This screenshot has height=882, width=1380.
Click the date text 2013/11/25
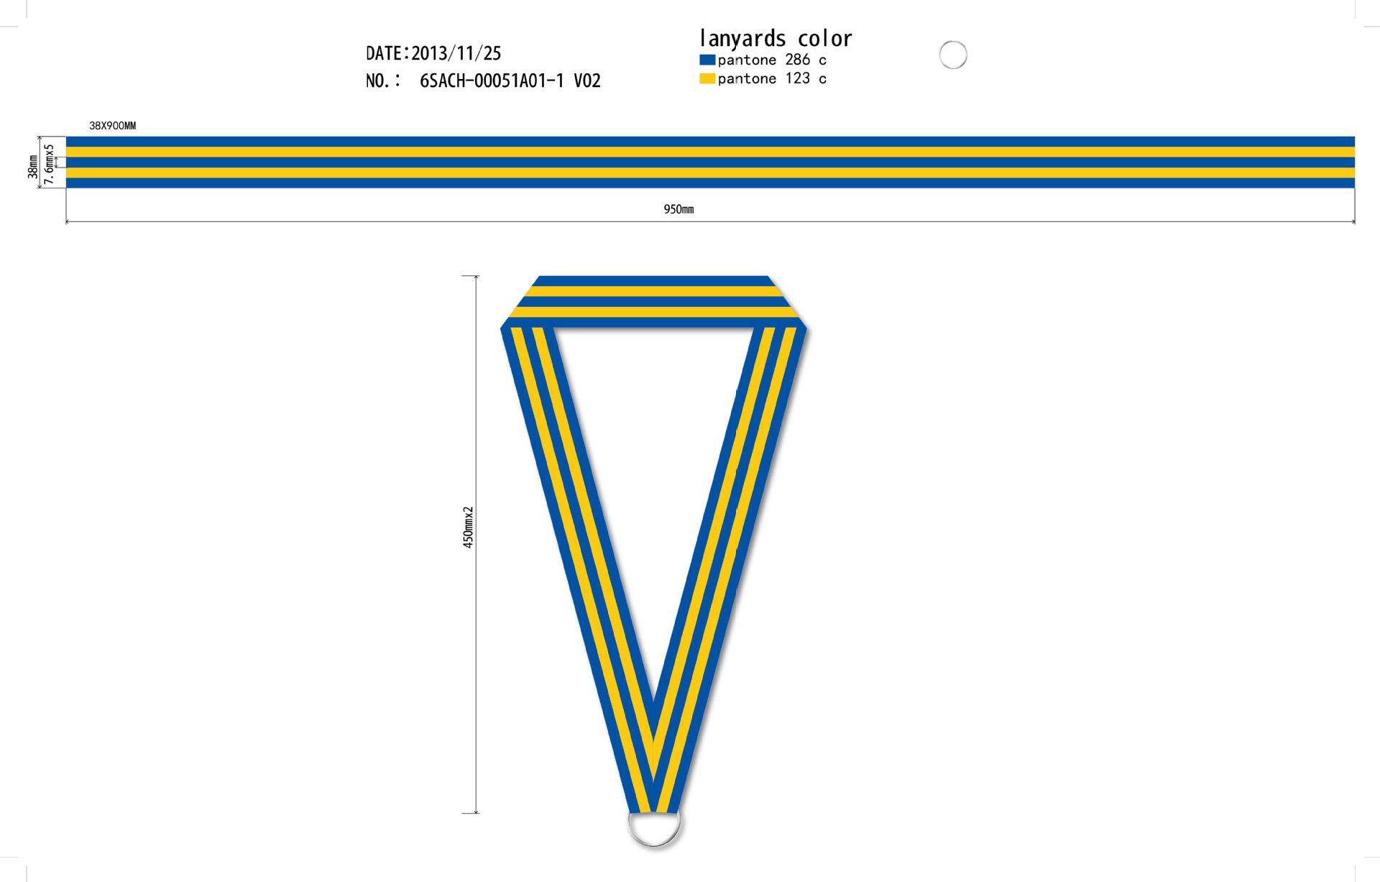[x=456, y=53]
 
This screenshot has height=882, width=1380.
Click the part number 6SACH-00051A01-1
[x=492, y=81]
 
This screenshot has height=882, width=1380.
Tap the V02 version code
[x=587, y=81]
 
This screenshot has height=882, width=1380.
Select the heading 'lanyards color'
[x=776, y=38]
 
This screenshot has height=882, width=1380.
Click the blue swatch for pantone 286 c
[x=707, y=60]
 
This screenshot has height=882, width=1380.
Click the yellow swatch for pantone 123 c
[x=707, y=78]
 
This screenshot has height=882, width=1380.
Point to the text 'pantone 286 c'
[x=772, y=60]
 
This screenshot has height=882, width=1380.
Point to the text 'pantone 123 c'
[x=772, y=79]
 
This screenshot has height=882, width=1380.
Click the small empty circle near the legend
[x=953, y=42]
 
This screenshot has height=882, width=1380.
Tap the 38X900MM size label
[x=113, y=126]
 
